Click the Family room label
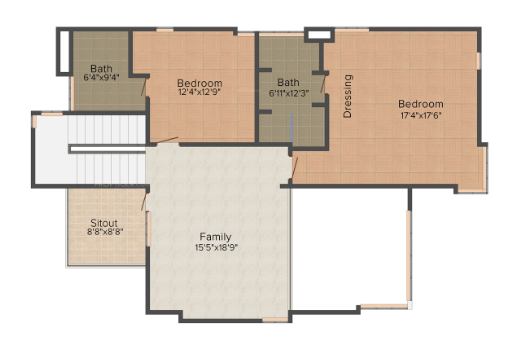(x=217, y=235)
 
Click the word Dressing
(x=348, y=97)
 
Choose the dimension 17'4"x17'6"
(x=420, y=115)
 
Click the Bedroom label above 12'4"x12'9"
(x=200, y=82)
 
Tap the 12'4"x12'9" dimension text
(x=200, y=93)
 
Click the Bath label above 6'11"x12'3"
(x=289, y=82)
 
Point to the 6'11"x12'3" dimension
(x=289, y=93)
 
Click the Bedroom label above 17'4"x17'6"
(x=420, y=104)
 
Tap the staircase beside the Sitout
(x=90, y=150)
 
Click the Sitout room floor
(x=105, y=250)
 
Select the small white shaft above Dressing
(x=318, y=35)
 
